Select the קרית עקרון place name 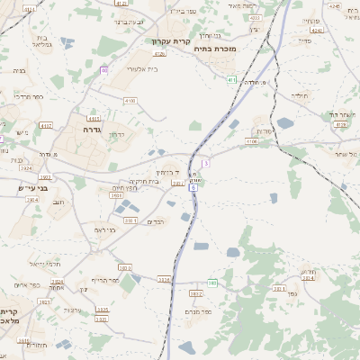(x=171, y=41)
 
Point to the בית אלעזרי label (x=142, y=68)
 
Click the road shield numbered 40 (x=104, y=69)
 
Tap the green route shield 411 (x=231, y=80)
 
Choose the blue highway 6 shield (x=193, y=187)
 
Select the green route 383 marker (x=212, y=283)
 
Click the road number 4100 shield (x=130, y=101)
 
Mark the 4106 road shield (x=252, y=141)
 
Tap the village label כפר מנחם (x=198, y=311)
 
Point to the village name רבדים (x=156, y=221)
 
